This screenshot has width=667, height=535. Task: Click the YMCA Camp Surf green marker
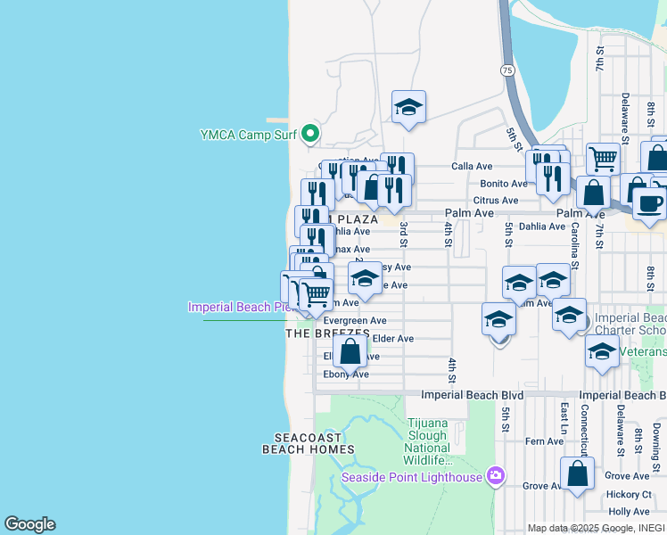[310, 135]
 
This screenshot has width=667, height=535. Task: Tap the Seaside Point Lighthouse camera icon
[496, 477]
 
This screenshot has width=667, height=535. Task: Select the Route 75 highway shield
[507, 69]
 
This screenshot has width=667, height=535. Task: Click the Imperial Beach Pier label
[239, 308]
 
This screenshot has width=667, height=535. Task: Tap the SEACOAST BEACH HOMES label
[308, 443]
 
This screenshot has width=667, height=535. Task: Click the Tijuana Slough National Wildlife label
[428, 441]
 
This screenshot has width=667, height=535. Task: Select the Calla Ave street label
[472, 166]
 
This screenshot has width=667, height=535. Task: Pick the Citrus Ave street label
[496, 201]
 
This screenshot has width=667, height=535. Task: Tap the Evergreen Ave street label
[354, 321]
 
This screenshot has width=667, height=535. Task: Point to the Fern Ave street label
[544, 441]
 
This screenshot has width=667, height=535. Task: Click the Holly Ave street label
[628, 512]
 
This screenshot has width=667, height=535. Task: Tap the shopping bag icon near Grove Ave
[578, 474]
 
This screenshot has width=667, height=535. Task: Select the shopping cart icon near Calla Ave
[604, 159]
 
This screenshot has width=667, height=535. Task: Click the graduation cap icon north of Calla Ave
[408, 108]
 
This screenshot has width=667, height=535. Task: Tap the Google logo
[29, 524]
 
